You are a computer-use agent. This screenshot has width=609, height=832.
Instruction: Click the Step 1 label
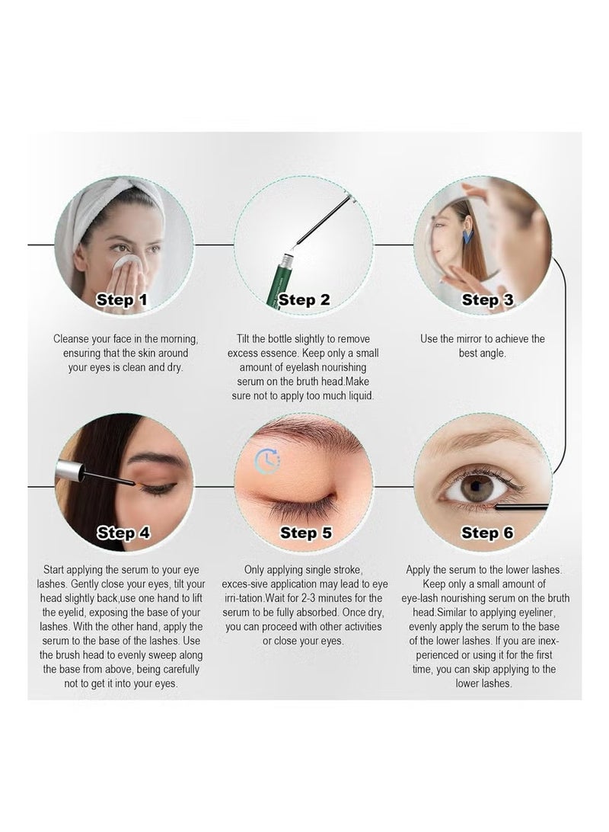coord(121,299)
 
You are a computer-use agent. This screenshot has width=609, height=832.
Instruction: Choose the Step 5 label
coord(306,533)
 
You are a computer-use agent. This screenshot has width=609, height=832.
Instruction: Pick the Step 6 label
coord(487,533)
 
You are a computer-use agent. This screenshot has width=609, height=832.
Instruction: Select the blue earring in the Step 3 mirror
coord(467,237)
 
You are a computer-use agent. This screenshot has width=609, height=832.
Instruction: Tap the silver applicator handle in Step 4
coord(70,472)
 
